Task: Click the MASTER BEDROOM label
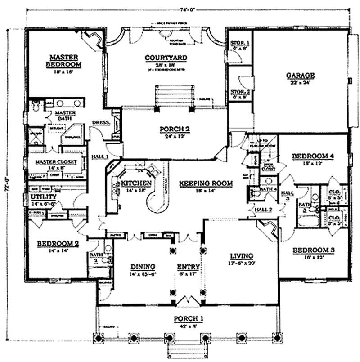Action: click(x=64, y=61)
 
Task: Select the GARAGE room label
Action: click(x=300, y=76)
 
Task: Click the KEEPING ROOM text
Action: click(x=206, y=183)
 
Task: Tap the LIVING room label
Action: click(x=241, y=255)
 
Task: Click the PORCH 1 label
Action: click(x=189, y=319)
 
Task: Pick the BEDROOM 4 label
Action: click(x=313, y=156)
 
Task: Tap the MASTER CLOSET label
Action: click(x=56, y=162)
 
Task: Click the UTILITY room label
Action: click(x=43, y=197)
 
